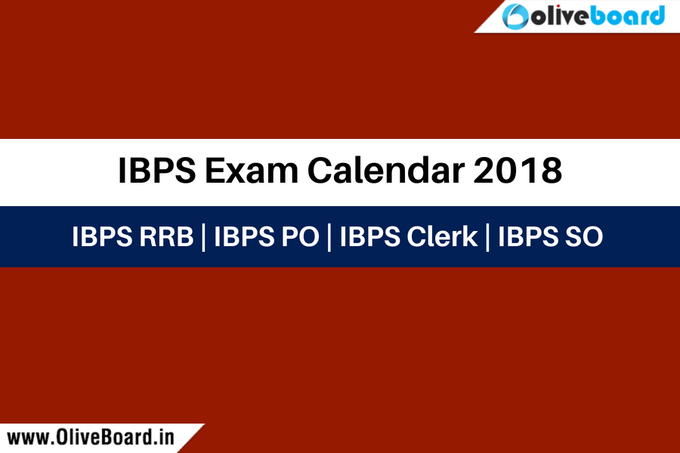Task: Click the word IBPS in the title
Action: pyautogui.click(x=156, y=171)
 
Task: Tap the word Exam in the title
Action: pyautogui.click(x=252, y=171)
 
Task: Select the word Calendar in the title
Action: pyautogui.click(x=385, y=171)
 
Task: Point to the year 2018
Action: pyautogui.click(x=518, y=171)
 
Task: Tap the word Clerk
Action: pyautogui.click(x=442, y=236)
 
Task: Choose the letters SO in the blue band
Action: pyautogui.click(x=584, y=236)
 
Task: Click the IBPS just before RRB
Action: pyautogui.click(x=102, y=236)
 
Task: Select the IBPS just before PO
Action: pyautogui.click(x=244, y=236)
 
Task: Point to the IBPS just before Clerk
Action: pyautogui.click(x=370, y=236)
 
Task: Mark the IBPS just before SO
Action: pyautogui.click(x=528, y=236)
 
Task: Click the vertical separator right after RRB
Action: pyautogui.click(x=203, y=237)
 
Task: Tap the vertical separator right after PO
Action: pyautogui.click(x=329, y=237)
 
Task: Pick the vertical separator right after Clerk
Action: pyautogui.click(x=487, y=237)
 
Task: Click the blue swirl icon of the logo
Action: pyautogui.click(x=515, y=17)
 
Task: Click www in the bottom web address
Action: pyautogui.click(x=27, y=438)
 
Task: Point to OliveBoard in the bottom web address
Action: pyautogui.click(x=104, y=437)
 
